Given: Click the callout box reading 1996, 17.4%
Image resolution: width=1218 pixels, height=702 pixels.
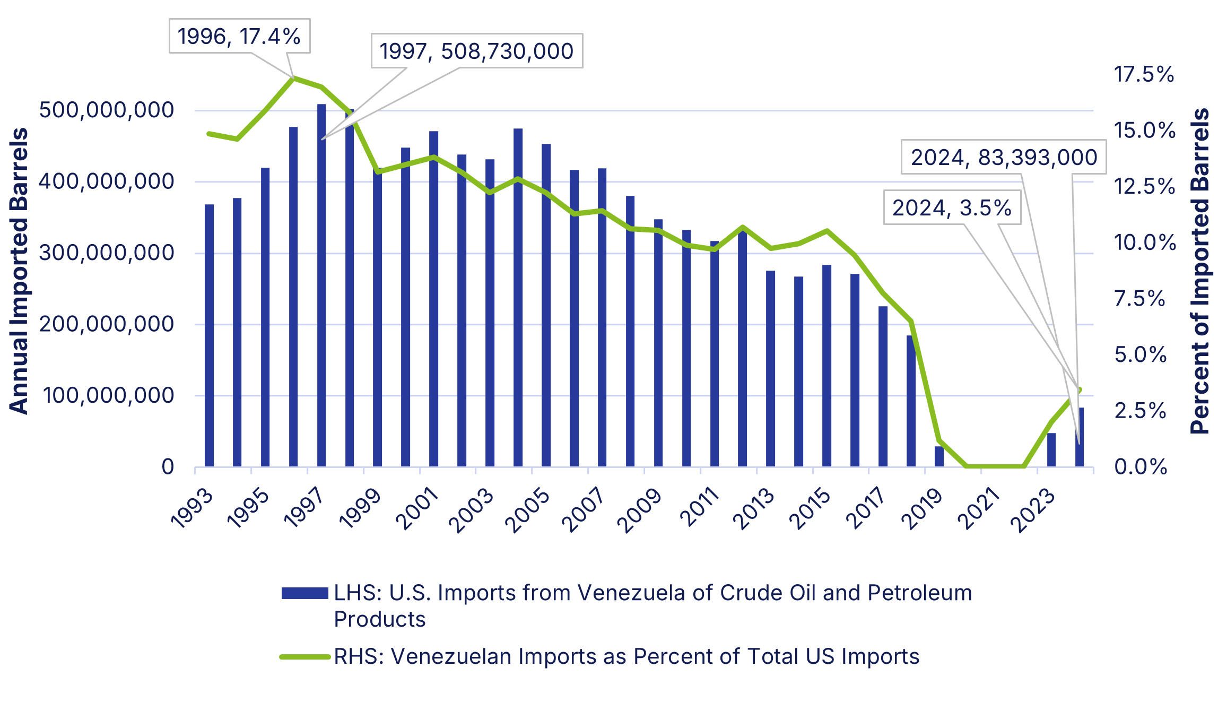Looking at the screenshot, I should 239,36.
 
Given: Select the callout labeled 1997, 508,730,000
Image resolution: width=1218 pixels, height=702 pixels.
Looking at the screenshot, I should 476,51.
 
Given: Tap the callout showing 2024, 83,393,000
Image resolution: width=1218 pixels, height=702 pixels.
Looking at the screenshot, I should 1003,157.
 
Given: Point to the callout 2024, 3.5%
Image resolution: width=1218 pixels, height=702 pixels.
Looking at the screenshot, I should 952,207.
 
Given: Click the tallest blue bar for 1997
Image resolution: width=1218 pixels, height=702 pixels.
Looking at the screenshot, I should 321,287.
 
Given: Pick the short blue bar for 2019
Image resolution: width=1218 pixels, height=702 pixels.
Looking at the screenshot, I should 939,457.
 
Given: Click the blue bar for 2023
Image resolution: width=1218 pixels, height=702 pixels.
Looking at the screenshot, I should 1051,450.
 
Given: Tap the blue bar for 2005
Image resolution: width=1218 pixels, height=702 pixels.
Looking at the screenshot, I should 546,305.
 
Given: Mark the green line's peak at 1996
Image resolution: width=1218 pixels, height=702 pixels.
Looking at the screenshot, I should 293,78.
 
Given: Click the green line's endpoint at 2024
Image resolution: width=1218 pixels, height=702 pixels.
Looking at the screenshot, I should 1080,390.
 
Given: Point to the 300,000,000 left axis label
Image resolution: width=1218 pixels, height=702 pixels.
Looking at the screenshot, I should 106,253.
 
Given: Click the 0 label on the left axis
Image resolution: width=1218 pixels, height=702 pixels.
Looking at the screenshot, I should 168,467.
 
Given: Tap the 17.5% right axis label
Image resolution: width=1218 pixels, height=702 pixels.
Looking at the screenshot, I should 1144,74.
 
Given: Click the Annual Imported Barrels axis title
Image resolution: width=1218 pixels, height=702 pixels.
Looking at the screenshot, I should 19,271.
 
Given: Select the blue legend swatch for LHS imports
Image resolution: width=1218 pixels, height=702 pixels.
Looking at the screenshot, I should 304,593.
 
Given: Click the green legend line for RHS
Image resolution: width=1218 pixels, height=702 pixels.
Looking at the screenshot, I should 304,657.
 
